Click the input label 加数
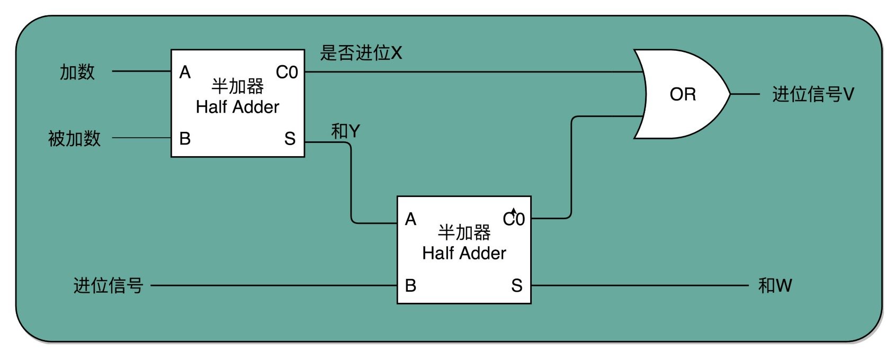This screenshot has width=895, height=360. [x=77, y=72]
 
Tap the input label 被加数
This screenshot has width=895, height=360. [x=74, y=139]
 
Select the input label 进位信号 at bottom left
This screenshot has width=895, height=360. [x=108, y=285]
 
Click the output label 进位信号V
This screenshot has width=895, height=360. [x=813, y=94]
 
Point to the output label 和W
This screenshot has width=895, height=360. [x=775, y=285]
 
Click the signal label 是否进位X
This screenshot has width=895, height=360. [x=361, y=53]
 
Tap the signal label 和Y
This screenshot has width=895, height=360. [x=345, y=131]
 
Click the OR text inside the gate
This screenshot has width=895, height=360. [x=683, y=94]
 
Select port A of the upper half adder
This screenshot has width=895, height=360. [x=185, y=72]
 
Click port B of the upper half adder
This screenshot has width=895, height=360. [x=185, y=139]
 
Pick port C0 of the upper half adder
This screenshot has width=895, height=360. [x=287, y=72]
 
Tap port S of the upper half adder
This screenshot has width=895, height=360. [x=290, y=139]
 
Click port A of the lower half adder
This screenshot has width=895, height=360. [x=410, y=219]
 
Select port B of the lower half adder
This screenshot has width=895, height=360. [x=410, y=286]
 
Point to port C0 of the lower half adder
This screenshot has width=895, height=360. [x=514, y=219]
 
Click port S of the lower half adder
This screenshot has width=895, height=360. [x=517, y=286]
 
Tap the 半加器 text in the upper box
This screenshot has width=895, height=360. [x=237, y=86]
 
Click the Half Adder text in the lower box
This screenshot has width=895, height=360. [x=464, y=253]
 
